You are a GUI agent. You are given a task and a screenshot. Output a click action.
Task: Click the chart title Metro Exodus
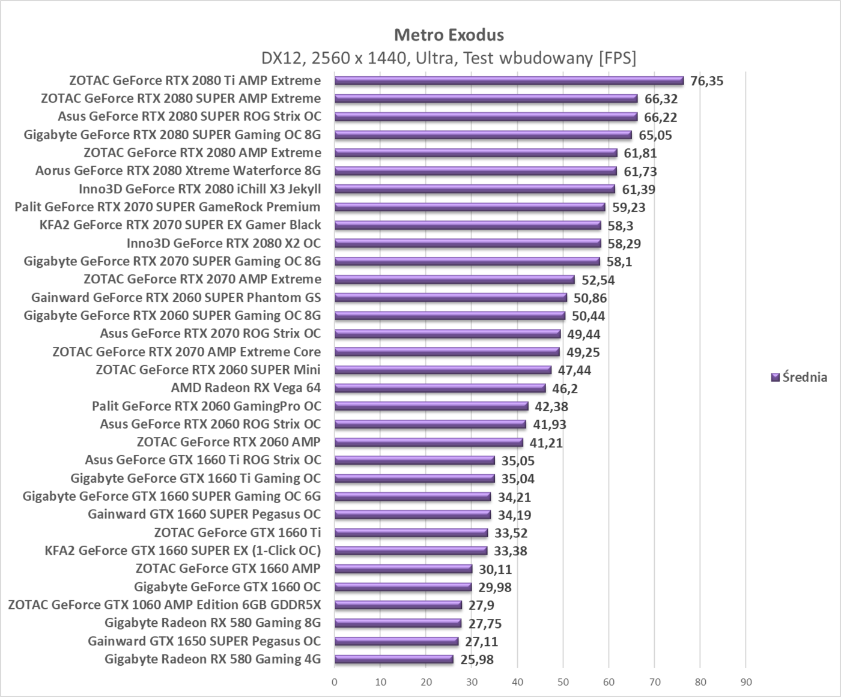(449, 35)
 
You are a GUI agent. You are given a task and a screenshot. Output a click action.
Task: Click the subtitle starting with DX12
(449, 58)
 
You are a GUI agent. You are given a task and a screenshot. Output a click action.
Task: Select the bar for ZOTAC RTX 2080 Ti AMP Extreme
(509, 80)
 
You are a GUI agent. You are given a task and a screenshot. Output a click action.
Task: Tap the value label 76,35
(706, 81)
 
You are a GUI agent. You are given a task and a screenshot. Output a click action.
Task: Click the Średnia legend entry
(799, 377)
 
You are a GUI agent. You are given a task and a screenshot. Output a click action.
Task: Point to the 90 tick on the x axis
(745, 682)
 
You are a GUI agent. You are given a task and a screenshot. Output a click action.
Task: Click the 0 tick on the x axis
(335, 682)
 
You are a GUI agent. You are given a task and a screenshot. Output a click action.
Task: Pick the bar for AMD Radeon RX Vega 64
(440, 388)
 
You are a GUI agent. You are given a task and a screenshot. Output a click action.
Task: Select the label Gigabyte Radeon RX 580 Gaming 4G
(213, 659)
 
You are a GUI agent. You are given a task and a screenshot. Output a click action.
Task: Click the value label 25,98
(477, 660)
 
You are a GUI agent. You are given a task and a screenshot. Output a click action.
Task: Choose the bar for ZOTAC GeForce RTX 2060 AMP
(428, 442)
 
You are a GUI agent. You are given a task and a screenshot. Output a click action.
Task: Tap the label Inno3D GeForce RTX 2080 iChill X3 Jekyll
(200, 189)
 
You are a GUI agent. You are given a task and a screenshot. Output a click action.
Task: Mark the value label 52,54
(598, 280)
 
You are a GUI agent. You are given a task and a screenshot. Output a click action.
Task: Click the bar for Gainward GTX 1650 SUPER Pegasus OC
(396, 641)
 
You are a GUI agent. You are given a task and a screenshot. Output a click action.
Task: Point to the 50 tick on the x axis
(563, 682)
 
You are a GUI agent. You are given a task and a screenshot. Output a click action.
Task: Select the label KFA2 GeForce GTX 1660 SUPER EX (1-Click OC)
(183, 551)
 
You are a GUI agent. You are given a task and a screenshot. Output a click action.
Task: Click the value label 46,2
(565, 388)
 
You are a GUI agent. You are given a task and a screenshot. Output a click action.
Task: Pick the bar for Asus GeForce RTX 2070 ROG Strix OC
(448, 334)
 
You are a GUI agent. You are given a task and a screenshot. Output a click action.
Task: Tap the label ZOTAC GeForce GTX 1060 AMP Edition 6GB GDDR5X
(165, 605)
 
